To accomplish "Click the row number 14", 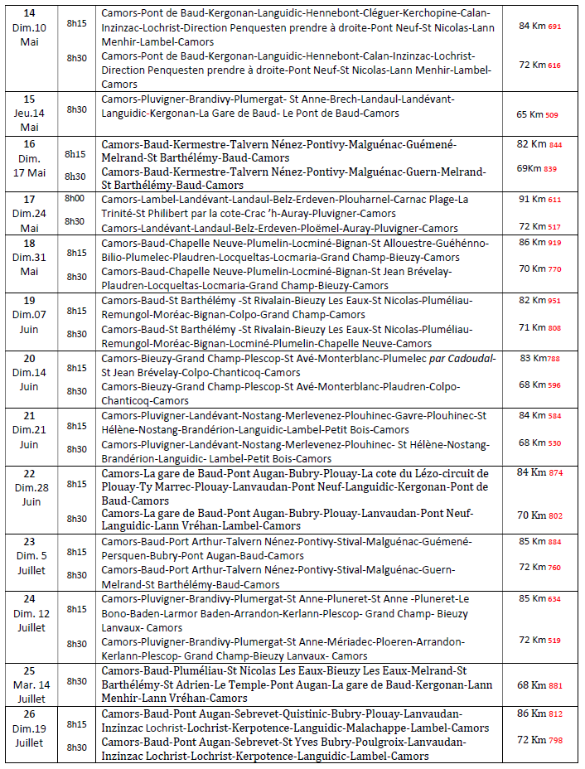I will (x=29, y=14).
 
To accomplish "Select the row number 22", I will (x=29, y=472).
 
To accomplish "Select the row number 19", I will (x=29, y=300).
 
